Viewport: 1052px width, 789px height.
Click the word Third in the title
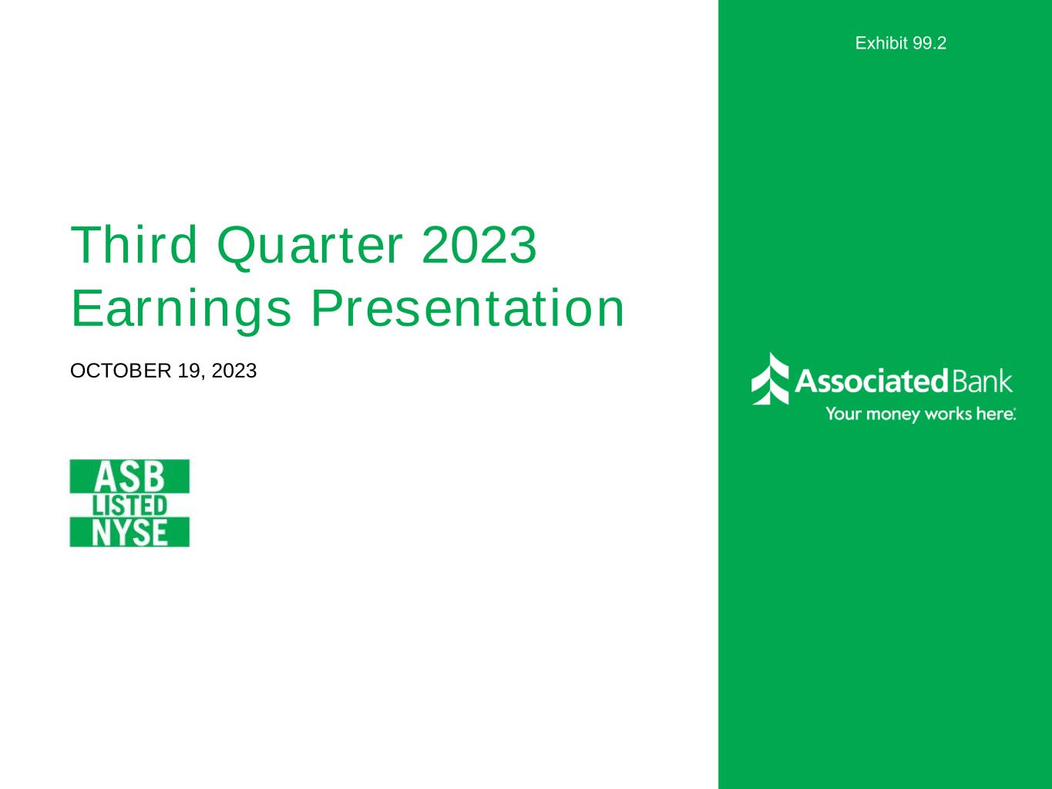134,245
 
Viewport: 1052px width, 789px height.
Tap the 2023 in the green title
479,245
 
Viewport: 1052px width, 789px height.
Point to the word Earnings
181,310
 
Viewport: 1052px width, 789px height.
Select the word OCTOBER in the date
121,371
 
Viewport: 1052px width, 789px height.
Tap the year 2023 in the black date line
234,371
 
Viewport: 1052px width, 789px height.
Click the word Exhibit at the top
882,43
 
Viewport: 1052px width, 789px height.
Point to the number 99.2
929,43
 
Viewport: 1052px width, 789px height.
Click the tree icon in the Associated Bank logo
770,379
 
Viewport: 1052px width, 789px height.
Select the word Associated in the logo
872,381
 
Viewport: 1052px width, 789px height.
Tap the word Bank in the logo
982,381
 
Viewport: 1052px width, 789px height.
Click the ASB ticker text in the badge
129,477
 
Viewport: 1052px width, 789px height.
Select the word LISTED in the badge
129,506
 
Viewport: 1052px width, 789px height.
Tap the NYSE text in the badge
129,532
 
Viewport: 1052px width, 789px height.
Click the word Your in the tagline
843,413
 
